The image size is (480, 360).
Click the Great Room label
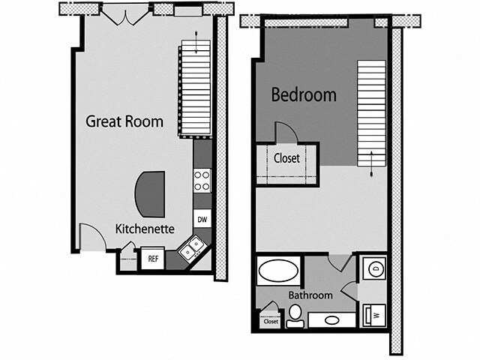click(x=124, y=121)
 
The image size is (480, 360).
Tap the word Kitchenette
click(x=145, y=228)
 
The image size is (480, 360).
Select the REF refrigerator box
click(x=152, y=259)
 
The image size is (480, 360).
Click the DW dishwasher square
click(x=202, y=219)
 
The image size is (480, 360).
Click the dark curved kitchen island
click(x=149, y=193)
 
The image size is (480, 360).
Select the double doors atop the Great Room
click(x=125, y=13)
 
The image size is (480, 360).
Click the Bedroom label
click(x=303, y=95)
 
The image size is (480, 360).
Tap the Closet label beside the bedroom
click(x=286, y=158)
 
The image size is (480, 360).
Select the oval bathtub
click(x=277, y=271)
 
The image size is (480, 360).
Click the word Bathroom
click(x=310, y=295)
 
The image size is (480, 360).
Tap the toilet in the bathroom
click(x=295, y=318)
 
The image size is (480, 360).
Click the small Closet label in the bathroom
click(x=270, y=322)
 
